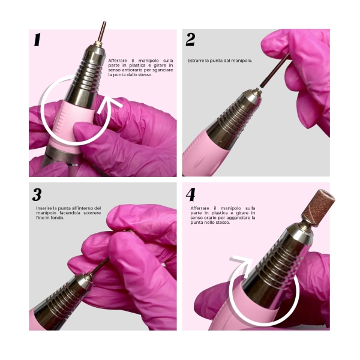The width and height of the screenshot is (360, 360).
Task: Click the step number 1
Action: coord(37,40)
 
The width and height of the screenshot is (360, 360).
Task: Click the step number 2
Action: coord(190,40)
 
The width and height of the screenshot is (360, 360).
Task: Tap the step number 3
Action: coord(37,194)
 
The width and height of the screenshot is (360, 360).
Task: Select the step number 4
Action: coord(191,194)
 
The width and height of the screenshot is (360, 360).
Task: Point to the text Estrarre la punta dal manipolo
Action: coord(220,61)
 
